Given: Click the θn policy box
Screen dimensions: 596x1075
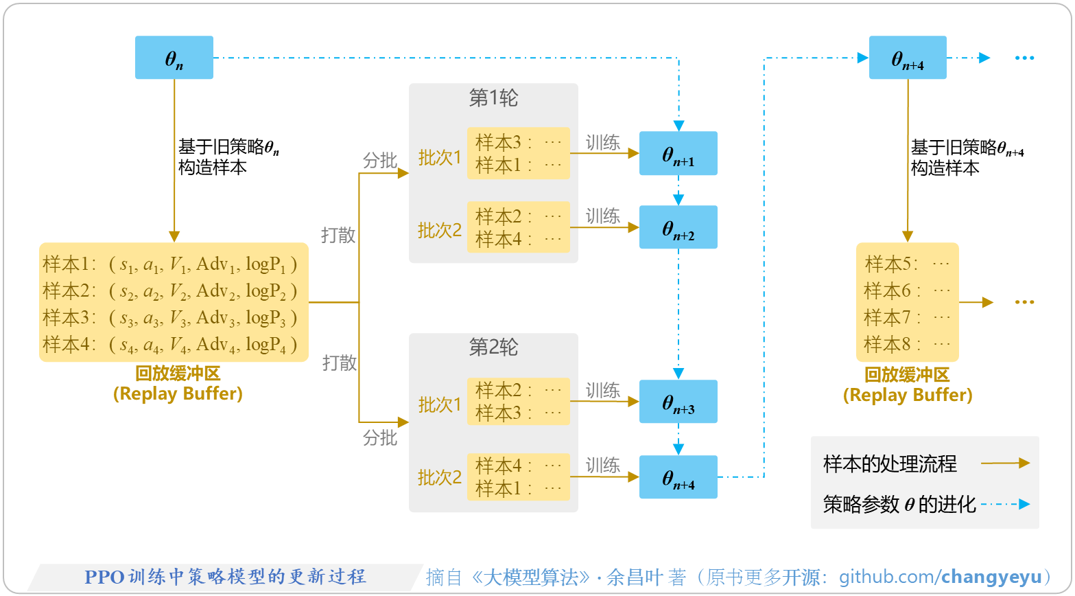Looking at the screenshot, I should [x=174, y=58].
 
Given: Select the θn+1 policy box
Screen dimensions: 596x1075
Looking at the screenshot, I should [x=678, y=153].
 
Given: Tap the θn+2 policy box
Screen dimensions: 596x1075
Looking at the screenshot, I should [x=678, y=227].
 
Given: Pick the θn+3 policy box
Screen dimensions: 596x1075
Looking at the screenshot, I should [x=678, y=402].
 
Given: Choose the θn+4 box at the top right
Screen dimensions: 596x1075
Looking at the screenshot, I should [x=908, y=58].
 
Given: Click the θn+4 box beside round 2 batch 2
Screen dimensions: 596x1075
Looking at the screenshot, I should [x=678, y=477].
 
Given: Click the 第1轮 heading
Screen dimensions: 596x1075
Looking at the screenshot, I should [x=493, y=98].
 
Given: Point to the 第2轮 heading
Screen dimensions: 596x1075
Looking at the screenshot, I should [x=493, y=347].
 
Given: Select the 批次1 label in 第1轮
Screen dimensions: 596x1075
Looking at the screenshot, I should [x=440, y=157].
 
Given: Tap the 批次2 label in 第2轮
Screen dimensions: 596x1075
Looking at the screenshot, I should [x=440, y=477].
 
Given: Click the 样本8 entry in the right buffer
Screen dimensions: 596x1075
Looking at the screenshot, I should [x=906, y=344].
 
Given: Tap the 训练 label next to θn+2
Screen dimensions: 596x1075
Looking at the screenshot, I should [x=603, y=216].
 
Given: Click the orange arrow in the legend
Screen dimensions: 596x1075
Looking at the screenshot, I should [x=1005, y=463].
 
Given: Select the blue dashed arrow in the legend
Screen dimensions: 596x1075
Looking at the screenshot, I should [x=1005, y=505].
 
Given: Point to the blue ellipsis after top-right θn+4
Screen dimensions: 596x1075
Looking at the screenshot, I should [x=1024, y=58].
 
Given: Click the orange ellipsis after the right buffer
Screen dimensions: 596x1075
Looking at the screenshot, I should [x=1024, y=302].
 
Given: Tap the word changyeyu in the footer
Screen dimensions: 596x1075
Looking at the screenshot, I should [x=991, y=577].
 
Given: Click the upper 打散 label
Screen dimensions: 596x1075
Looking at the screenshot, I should [x=338, y=235].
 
